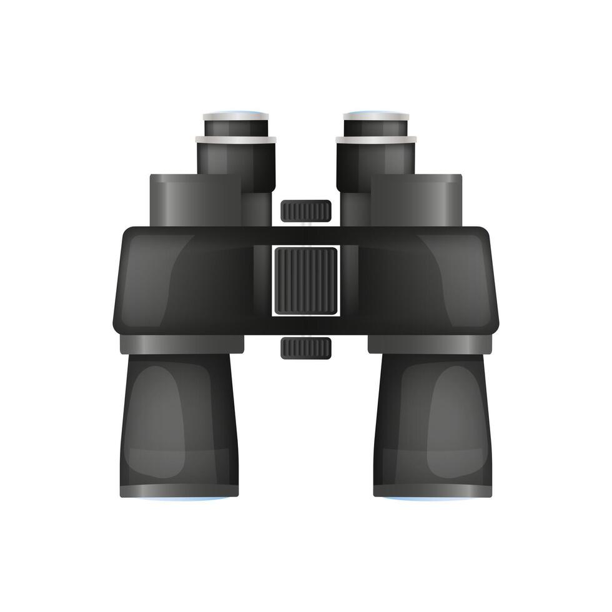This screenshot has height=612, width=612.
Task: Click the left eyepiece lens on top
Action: click(x=236, y=113)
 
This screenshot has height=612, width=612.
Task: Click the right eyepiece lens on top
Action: click(x=376, y=113)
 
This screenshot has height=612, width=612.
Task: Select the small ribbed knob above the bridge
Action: click(x=306, y=211)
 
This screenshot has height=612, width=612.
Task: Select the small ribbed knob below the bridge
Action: click(x=306, y=348)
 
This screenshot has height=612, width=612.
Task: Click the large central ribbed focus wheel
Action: click(x=306, y=280)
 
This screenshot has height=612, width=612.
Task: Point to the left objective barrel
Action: click(x=179, y=425)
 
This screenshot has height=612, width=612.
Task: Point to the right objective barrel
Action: click(x=433, y=425)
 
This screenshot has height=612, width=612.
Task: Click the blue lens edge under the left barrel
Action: click(x=179, y=498)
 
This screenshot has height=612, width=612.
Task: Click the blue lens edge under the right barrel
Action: click(x=433, y=498)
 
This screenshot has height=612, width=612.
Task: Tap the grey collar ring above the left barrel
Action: click(x=182, y=344)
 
